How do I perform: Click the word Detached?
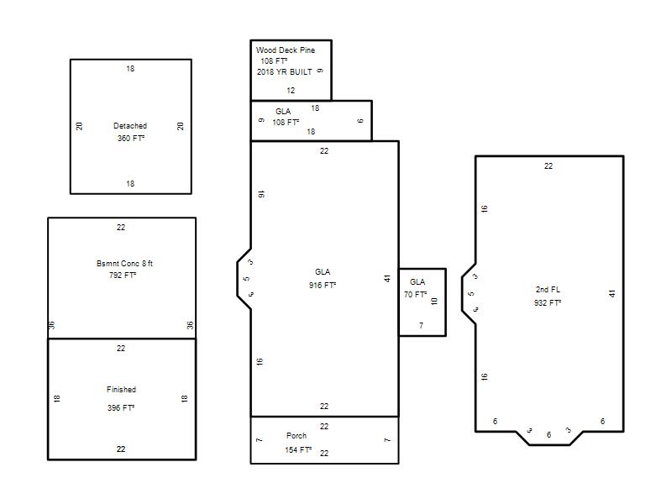click(x=130, y=125)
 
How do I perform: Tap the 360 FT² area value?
click(x=131, y=138)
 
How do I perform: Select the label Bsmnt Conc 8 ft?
click(x=124, y=263)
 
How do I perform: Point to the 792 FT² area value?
click(x=123, y=275)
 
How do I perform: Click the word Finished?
click(x=121, y=389)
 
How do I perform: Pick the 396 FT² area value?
click(x=121, y=407)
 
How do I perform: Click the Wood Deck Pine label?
click(x=286, y=50)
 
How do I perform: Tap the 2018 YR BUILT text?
click(x=285, y=72)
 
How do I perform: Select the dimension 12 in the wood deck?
click(x=291, y=91)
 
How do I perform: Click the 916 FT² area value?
click(x=323, y=285)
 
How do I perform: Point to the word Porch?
click(x=297, y=435)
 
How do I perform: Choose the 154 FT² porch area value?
click(x=298, y=449)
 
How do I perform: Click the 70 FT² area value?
click(x=415, y=295)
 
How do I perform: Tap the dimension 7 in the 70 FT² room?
click(x=421, y=326)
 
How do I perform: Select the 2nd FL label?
click(x=548, y=289)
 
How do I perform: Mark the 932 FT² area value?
click(x=548, y=302)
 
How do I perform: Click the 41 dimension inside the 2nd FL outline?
click(x=612, y=293)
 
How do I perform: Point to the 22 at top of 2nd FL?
click(x=549, y=165)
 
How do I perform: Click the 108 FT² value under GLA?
click(x=286, y=122)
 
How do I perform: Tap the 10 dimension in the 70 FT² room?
click(x=434, y=302)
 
